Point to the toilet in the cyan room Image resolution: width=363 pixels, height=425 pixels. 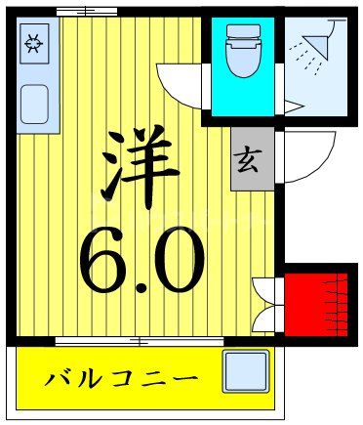click(241, 54)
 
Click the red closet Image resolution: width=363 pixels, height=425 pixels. click(314, 301)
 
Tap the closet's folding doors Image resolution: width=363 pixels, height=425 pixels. click(265, 301)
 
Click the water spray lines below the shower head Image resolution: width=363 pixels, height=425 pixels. click(309, 61)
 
